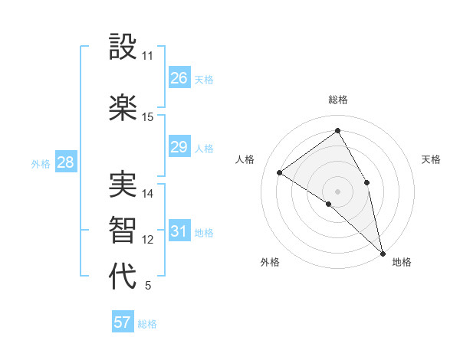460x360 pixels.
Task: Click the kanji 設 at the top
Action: click(123, 47)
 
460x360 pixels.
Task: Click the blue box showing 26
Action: click(179, 78)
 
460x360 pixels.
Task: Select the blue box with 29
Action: click(179, 147)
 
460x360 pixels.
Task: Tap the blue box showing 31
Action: click(179, 231)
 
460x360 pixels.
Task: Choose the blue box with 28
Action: click(65, 162)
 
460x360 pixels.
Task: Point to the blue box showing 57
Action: click(123, 322)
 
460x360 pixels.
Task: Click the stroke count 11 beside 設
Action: click(148, 56)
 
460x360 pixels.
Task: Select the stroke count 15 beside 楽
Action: click(148, 117)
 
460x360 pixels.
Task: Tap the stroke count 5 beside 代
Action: click(148, 286)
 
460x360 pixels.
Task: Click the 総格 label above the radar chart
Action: click(338, 100)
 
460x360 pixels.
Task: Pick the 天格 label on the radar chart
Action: click(432, 159)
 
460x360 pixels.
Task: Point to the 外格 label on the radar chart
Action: click(270, 262)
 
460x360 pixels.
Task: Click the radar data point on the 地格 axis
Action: click(383, 252)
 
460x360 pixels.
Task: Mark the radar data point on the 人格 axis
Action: click(280, 172)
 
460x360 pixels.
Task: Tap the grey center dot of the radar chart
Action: click(337, 191)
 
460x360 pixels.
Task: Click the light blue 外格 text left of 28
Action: click(41, 163)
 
